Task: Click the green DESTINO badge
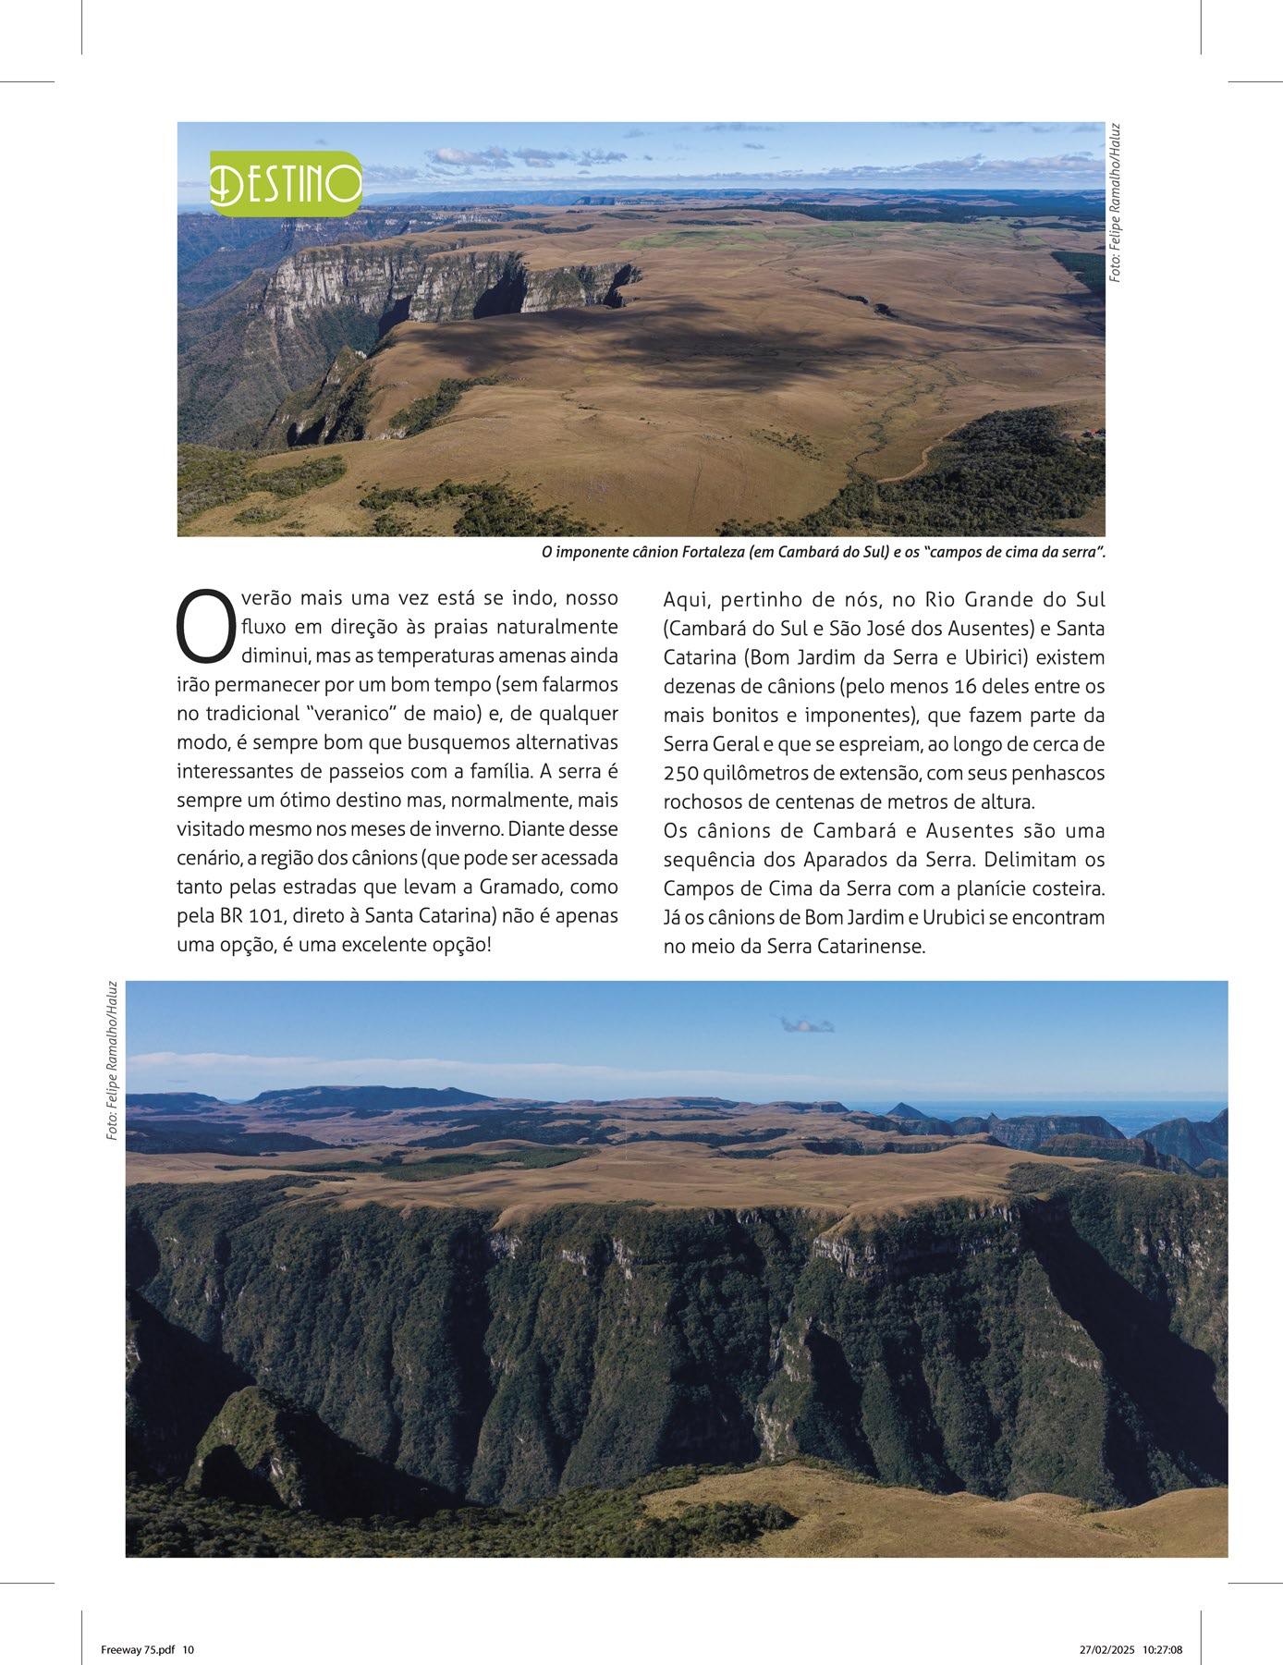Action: tap(286, 183)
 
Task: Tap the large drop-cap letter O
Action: tap(202, 628)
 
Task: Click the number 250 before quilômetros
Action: tap(682, 773)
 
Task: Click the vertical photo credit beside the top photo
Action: tap(1116, 202)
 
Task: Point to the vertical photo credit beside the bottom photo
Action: tap(112, 1059)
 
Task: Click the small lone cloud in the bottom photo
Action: tap(807, 1023)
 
